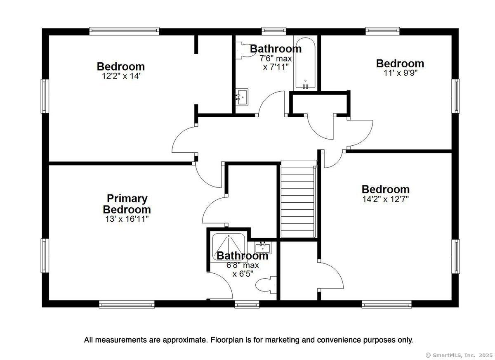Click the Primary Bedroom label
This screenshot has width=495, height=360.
(127, 204)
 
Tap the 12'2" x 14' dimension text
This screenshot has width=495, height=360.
(121, 76)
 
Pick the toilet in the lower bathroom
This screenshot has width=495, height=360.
(264, 285)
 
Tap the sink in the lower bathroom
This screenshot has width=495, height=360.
(262, 248)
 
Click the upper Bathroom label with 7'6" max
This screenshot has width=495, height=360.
(276, 49)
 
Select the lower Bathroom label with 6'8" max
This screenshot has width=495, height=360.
(242, 256)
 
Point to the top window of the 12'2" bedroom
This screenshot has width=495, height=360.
(124, 31)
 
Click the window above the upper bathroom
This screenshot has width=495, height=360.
(274, 31)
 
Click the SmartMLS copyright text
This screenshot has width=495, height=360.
(458, 355)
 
